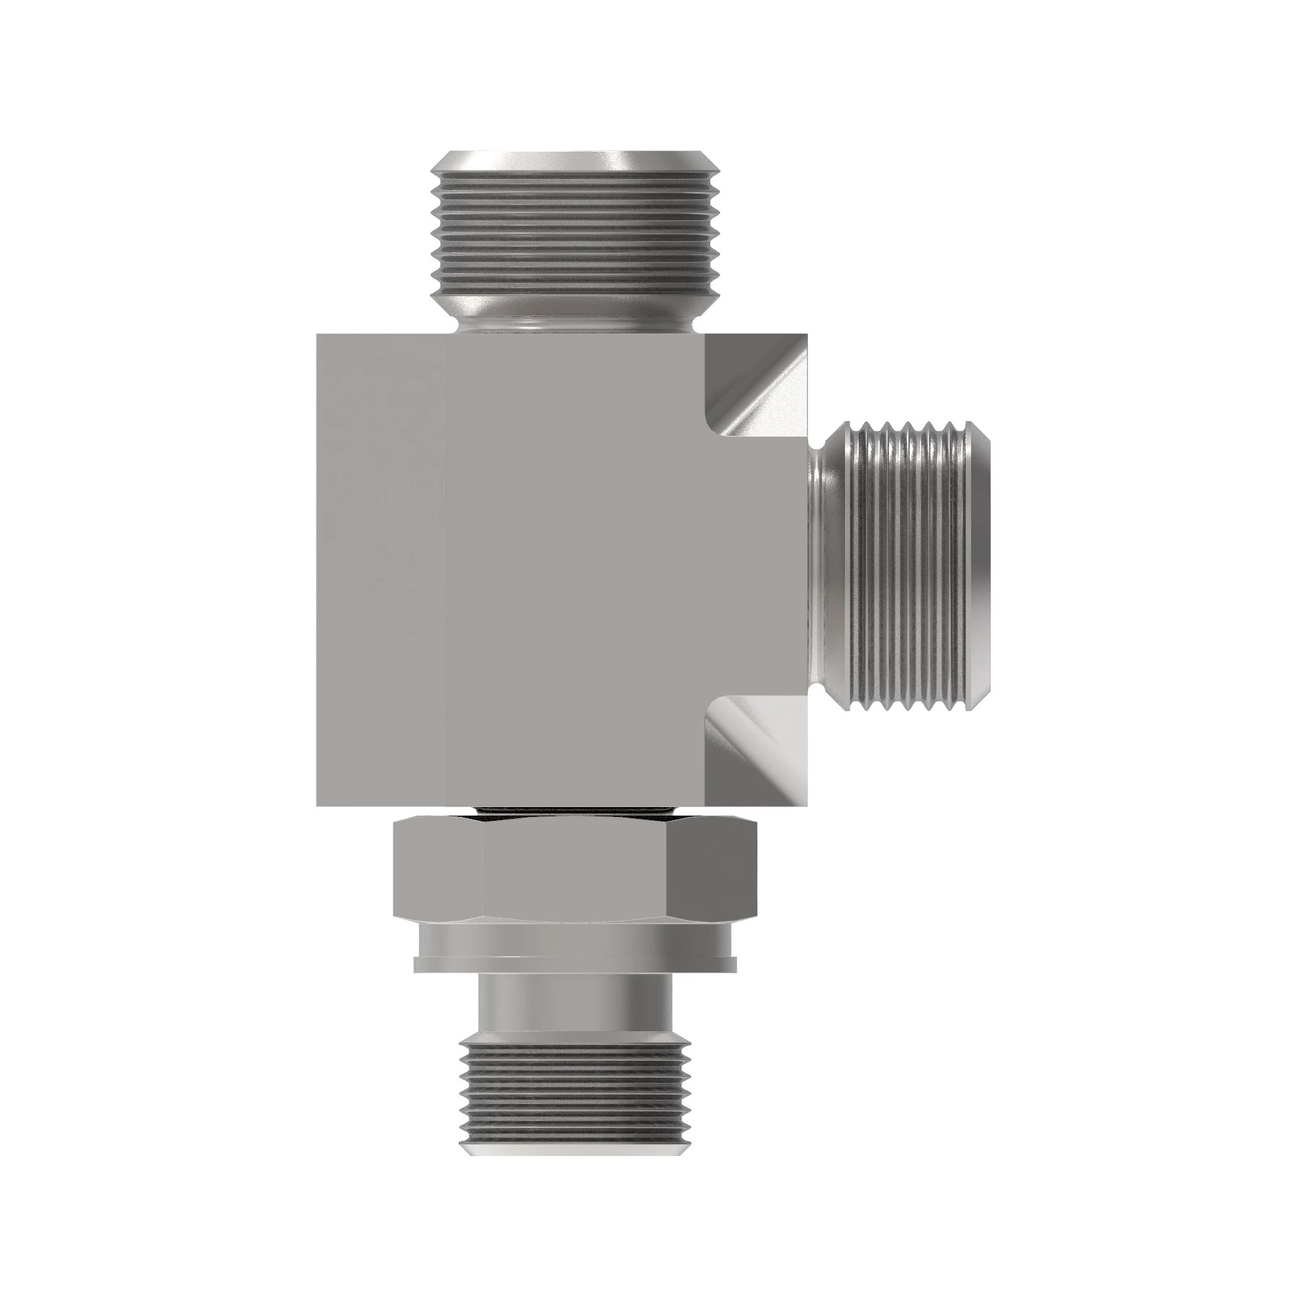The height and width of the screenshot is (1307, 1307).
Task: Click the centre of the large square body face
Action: [575, 569]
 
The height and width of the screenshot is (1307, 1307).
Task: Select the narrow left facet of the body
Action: [381, 569]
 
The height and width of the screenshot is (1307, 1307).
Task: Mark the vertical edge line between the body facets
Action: [446, 569]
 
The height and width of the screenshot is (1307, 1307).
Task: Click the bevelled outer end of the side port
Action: [981, 565]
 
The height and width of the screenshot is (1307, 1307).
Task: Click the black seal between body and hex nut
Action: [575, 812]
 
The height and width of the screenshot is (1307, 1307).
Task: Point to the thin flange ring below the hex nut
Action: [575, 964]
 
